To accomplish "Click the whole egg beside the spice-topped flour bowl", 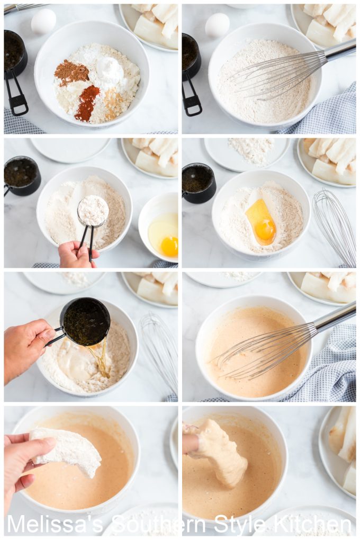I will point(43,22).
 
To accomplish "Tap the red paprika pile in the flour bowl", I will point(87,103).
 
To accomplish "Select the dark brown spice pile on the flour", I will point(71,72).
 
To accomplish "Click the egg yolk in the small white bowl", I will point(169,246).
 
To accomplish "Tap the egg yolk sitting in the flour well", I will point(265,229).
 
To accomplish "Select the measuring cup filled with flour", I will point(93,210).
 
